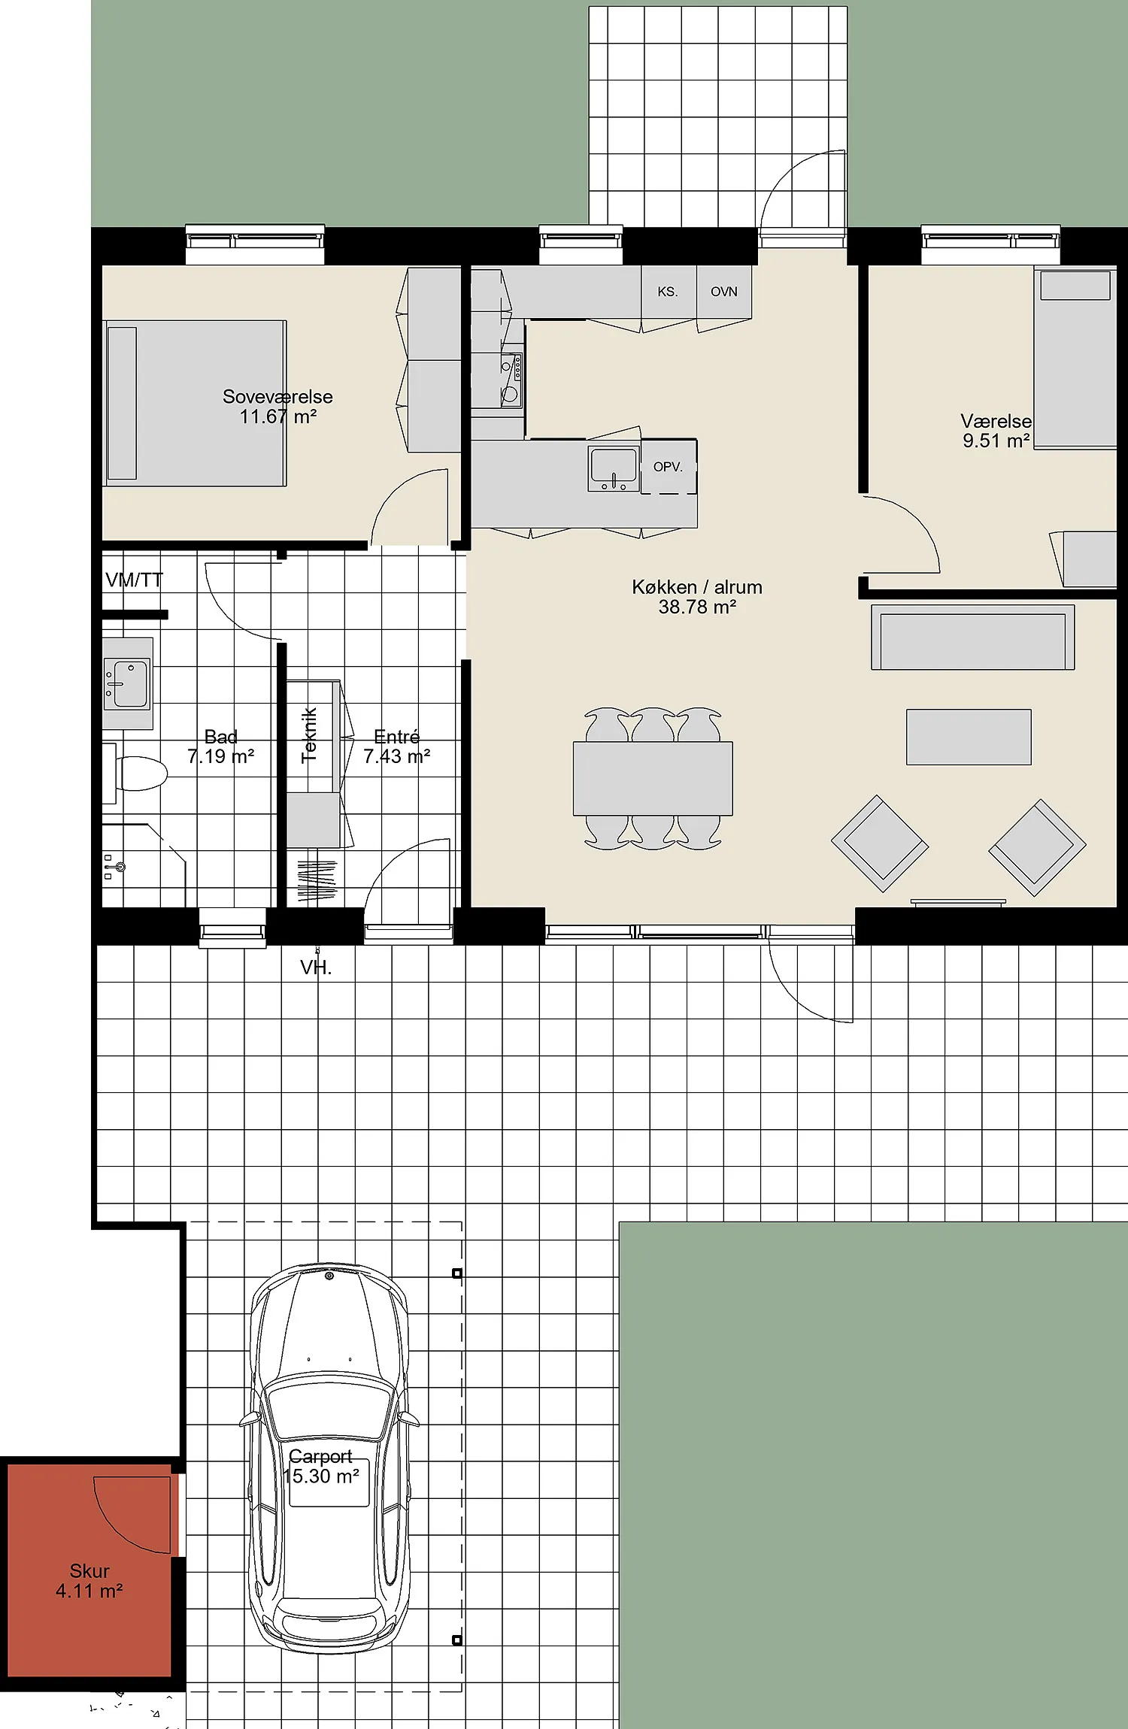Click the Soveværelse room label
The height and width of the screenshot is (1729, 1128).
pos(277,397)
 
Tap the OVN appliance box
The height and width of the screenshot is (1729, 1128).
pos(724,292)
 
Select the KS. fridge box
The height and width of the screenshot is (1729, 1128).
pos(669,292)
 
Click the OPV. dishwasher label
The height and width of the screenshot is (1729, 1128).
pos(668,467)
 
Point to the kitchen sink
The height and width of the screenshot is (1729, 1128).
pos(614,468)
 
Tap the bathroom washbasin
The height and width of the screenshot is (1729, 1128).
pos(127,683)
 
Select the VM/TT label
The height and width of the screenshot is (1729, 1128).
pos(134,580)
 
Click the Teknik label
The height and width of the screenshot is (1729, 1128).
pos(309,735)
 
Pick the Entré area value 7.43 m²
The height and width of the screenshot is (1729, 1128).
pos(397,756)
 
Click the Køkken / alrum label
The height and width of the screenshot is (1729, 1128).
pos(697,587)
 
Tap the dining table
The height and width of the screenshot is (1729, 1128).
pos(653,779)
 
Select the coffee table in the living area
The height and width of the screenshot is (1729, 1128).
pos(969,737)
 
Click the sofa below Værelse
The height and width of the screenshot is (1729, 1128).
pos(973,637)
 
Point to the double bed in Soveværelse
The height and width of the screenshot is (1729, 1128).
pos(195,403)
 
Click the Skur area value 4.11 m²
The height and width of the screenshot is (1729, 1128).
pos(89,1591)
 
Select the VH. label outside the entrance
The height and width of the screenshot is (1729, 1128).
pos(316,967)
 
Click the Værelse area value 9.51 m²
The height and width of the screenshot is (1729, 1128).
pos(996,441)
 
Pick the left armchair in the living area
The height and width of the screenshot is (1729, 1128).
pos(880,843)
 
